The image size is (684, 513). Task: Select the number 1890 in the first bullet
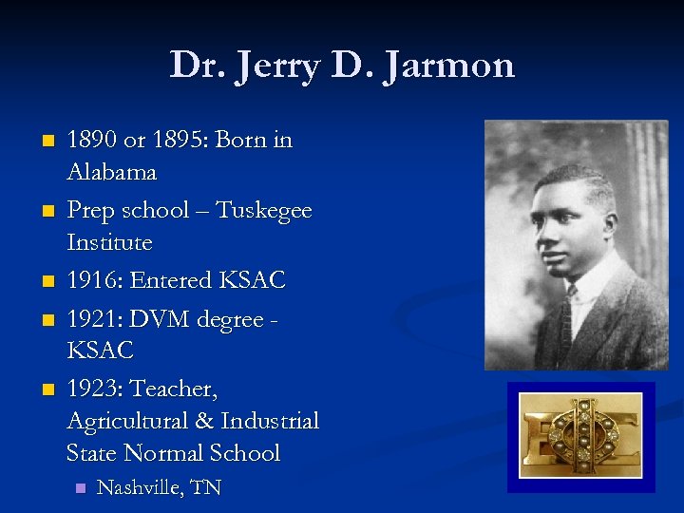pyautogui.click(x=94, y=140)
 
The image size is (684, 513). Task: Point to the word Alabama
pyautogui.click(x=111, y=173)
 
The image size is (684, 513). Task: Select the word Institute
pyautogui.click(x=109, y=243)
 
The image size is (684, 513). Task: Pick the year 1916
pyautogui.click(x=92, y=280)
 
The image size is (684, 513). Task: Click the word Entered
pyautogui.click(x=174, y=280)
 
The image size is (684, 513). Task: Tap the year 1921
pyautogui.click(x=92, y=319)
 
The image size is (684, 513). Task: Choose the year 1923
pyautogui.click(x=92, y=389)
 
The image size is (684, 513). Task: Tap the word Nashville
pyautogui.click(x=141, y=488)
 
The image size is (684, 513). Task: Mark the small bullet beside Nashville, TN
pyautogui.click(x=80, y=488)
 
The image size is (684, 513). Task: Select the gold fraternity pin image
pyautogui.click(x=580, y=436)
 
